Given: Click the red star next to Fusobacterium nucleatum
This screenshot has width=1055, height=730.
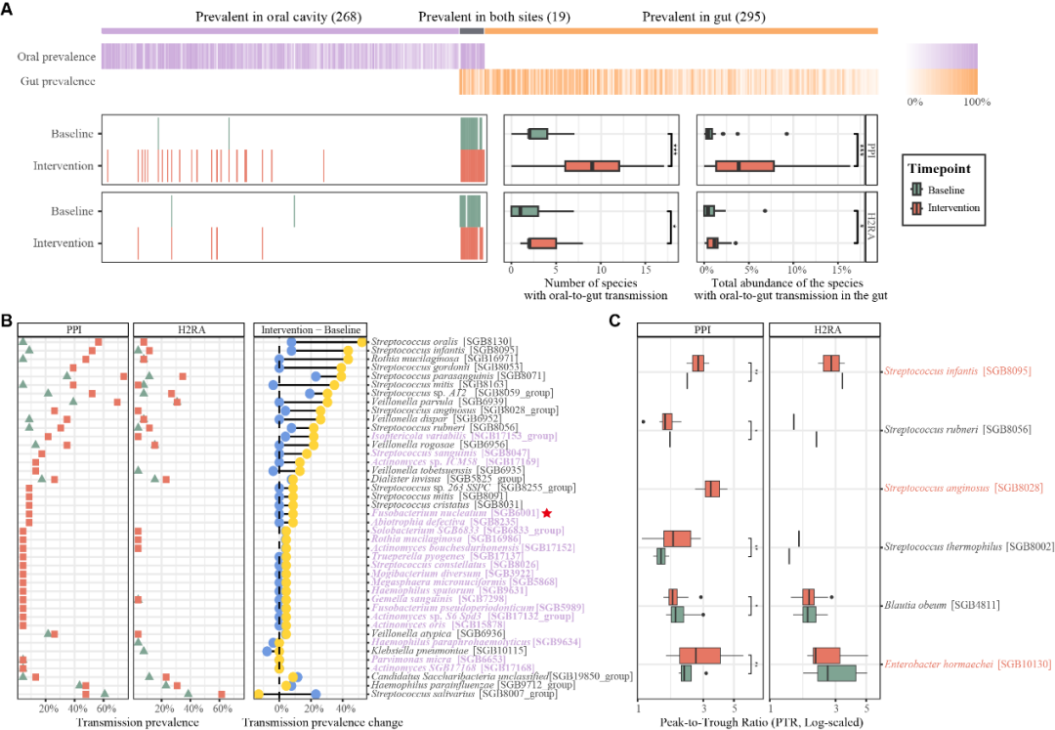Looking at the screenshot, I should coord(547,513).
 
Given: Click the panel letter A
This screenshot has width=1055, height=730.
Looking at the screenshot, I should coord(8,8).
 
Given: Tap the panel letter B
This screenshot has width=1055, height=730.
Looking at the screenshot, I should coord(8,320).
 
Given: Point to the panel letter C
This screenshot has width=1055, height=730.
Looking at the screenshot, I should coord(614,320).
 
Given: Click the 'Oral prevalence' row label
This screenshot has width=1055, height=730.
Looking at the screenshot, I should coord(57,57).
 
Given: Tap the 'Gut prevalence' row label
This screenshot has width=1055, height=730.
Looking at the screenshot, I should coord(58,80).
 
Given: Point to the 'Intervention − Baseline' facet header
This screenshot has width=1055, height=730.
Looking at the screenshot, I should coord(310,328).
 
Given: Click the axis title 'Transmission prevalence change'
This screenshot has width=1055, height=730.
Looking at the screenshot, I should coord(309,722).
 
